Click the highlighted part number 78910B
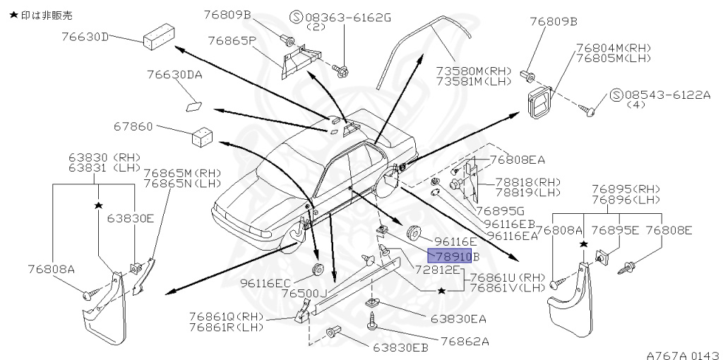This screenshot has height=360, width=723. pos(453,256)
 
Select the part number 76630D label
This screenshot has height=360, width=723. pos(85,37)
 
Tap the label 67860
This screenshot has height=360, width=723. pos(133,127)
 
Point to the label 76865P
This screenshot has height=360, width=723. pos(232,40)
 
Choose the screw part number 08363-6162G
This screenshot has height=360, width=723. pos(345,16)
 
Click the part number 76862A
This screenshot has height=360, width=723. pos(465,341)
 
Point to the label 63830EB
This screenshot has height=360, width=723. pos(400,347)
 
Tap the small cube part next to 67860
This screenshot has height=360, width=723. pos(203,136)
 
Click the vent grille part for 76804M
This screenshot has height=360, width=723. pos(542,103)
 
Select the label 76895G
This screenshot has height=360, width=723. pos(500,210)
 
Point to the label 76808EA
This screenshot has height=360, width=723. pos(518,160)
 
